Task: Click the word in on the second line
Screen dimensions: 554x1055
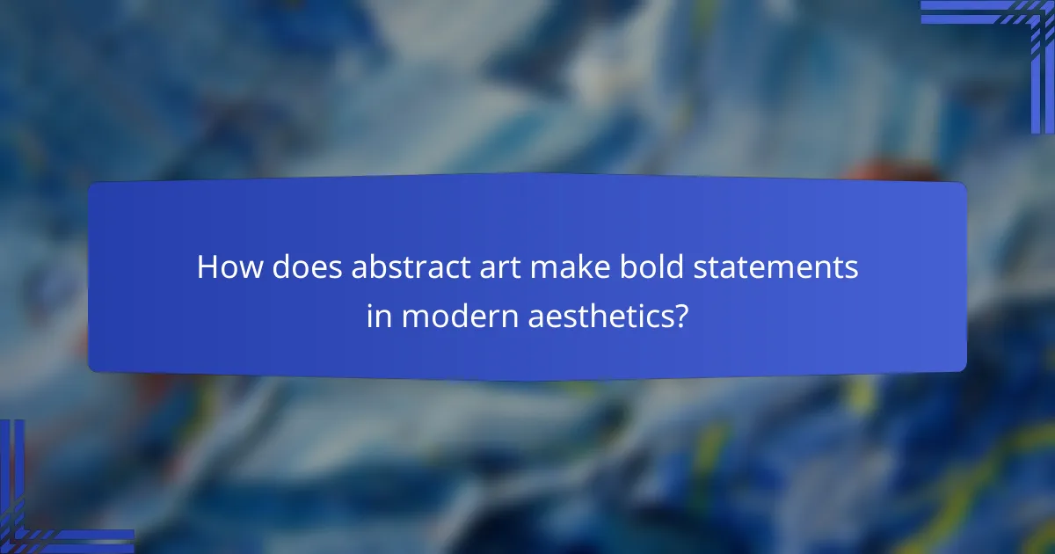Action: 379,317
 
